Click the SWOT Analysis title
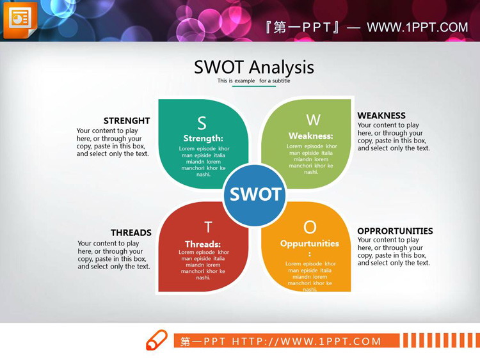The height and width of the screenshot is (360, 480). (254, 67)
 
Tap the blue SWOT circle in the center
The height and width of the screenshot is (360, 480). (255, 194)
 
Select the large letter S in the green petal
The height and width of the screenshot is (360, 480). (202, 123)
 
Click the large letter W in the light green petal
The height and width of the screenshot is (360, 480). (313, 120)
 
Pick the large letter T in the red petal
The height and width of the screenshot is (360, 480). (208, 227)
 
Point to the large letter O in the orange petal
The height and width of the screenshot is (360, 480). (310, 227)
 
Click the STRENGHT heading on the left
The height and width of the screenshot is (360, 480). (127, 120)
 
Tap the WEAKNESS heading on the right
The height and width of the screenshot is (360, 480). (381, 116)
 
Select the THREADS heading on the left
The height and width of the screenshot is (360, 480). (131, 233)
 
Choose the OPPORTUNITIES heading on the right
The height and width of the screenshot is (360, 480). (395, 231)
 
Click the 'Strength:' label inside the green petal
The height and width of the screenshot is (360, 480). (203, 138)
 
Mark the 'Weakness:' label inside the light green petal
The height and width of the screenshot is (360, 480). (311, 136)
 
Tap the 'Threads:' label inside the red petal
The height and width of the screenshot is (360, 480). (203, 244)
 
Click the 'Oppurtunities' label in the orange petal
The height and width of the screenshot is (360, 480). (310, 244)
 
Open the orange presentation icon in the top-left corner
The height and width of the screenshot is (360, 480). (20, 20)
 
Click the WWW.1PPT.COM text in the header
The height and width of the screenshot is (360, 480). (417, 27)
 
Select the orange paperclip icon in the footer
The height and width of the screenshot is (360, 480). (157, 340)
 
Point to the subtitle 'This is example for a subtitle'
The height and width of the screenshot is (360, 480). (253, 81)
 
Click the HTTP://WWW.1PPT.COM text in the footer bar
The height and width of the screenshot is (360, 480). (307, 341)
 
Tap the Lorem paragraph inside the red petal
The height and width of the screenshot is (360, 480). (204, 265)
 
